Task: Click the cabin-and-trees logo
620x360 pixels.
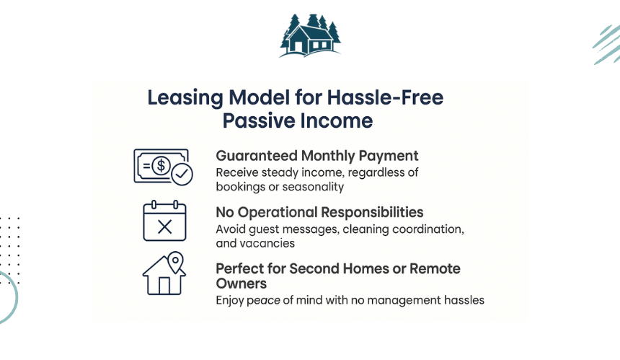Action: pyautogui.click(x=310, y=35)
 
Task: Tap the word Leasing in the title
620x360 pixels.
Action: pyautogui.click(x=185, y=98)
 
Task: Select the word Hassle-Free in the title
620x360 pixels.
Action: pyautogui.click(x=385, y=97)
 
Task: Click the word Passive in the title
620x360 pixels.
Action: pyautogui.click(x=258, y=120)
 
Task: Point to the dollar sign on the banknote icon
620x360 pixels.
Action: pyautogui.click(x=161, y=165)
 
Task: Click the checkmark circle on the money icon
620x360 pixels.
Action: pyautogui.click(x=182, y=174)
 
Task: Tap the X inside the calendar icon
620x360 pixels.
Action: pyautogui.click(x=164, y=227)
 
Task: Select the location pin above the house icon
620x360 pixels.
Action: pyautogui.click(x=176, y=262)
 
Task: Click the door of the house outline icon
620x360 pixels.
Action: pyautogui.click(x=164, y=286)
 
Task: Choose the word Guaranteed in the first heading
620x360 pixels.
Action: pyautogui.click(x=257, y=156)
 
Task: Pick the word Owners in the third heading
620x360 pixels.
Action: pyautogui.click(x=242, y=284)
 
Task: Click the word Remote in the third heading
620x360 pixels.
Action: pyautogui.click(x=435, y=268)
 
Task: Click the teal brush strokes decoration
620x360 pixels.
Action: pyautogui.click(x=607, y=44)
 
